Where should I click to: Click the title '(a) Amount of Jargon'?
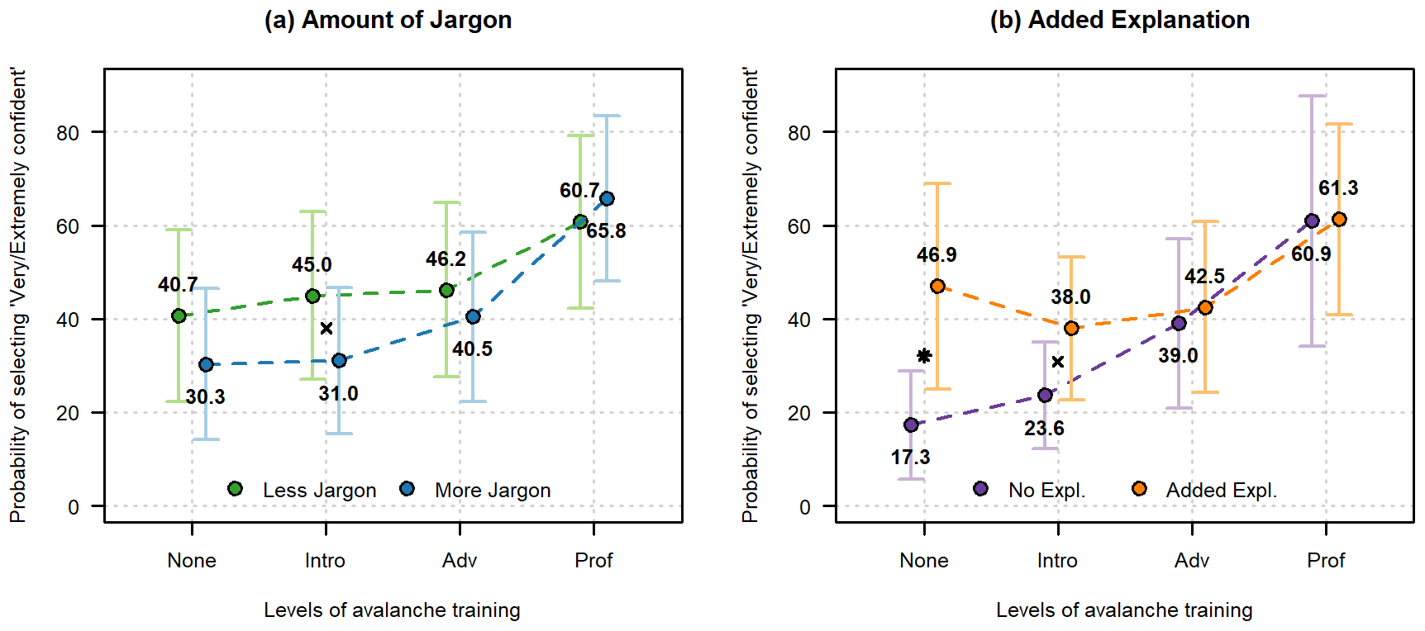[388, 20]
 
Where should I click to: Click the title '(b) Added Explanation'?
[1120, 20]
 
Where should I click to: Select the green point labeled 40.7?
[179, 315]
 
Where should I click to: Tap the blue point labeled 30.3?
[206, 364]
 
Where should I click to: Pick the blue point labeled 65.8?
[607, 198]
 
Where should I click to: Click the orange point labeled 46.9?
[937, 286]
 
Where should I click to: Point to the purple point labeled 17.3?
[911, 425]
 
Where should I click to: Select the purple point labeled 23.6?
[1045, 395]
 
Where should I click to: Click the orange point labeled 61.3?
[1339, 219]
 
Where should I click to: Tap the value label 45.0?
[312, 265]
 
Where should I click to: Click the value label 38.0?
[1070, 297]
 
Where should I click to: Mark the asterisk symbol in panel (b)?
[924, 356]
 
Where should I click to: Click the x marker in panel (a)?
[326, 329]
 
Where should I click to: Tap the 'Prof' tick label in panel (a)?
[593, 561]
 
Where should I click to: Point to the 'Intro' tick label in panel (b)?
[1057, 561]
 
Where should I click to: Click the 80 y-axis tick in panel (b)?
[799, 132]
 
